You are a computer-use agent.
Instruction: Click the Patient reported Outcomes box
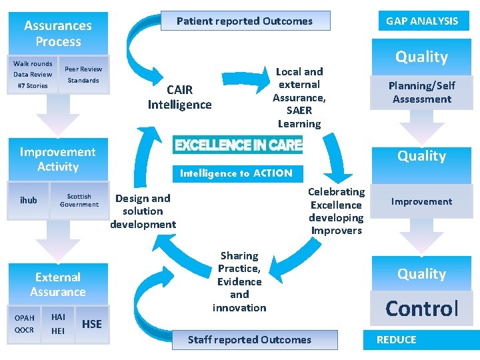245,21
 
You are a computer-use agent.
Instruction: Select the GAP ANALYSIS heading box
422,21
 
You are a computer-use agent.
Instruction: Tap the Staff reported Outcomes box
249,340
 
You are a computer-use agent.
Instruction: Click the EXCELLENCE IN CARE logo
237,145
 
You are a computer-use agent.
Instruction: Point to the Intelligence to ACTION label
236,173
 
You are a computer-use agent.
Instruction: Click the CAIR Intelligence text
179,97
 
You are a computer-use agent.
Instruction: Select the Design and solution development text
143,211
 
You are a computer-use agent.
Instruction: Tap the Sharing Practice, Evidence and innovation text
239,281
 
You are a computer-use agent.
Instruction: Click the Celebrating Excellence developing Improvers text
336,211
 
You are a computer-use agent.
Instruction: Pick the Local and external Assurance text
299,97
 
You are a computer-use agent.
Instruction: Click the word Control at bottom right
422,309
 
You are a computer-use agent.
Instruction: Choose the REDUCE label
396,340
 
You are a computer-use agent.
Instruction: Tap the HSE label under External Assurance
91,324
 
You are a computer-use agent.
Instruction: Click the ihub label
29,200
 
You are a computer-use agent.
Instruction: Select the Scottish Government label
79,200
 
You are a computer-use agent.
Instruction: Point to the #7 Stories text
32,85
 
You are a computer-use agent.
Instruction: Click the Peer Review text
83,69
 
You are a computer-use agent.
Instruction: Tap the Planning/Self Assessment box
421,93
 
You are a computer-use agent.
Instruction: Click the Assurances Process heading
58,33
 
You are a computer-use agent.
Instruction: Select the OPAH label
25,318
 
